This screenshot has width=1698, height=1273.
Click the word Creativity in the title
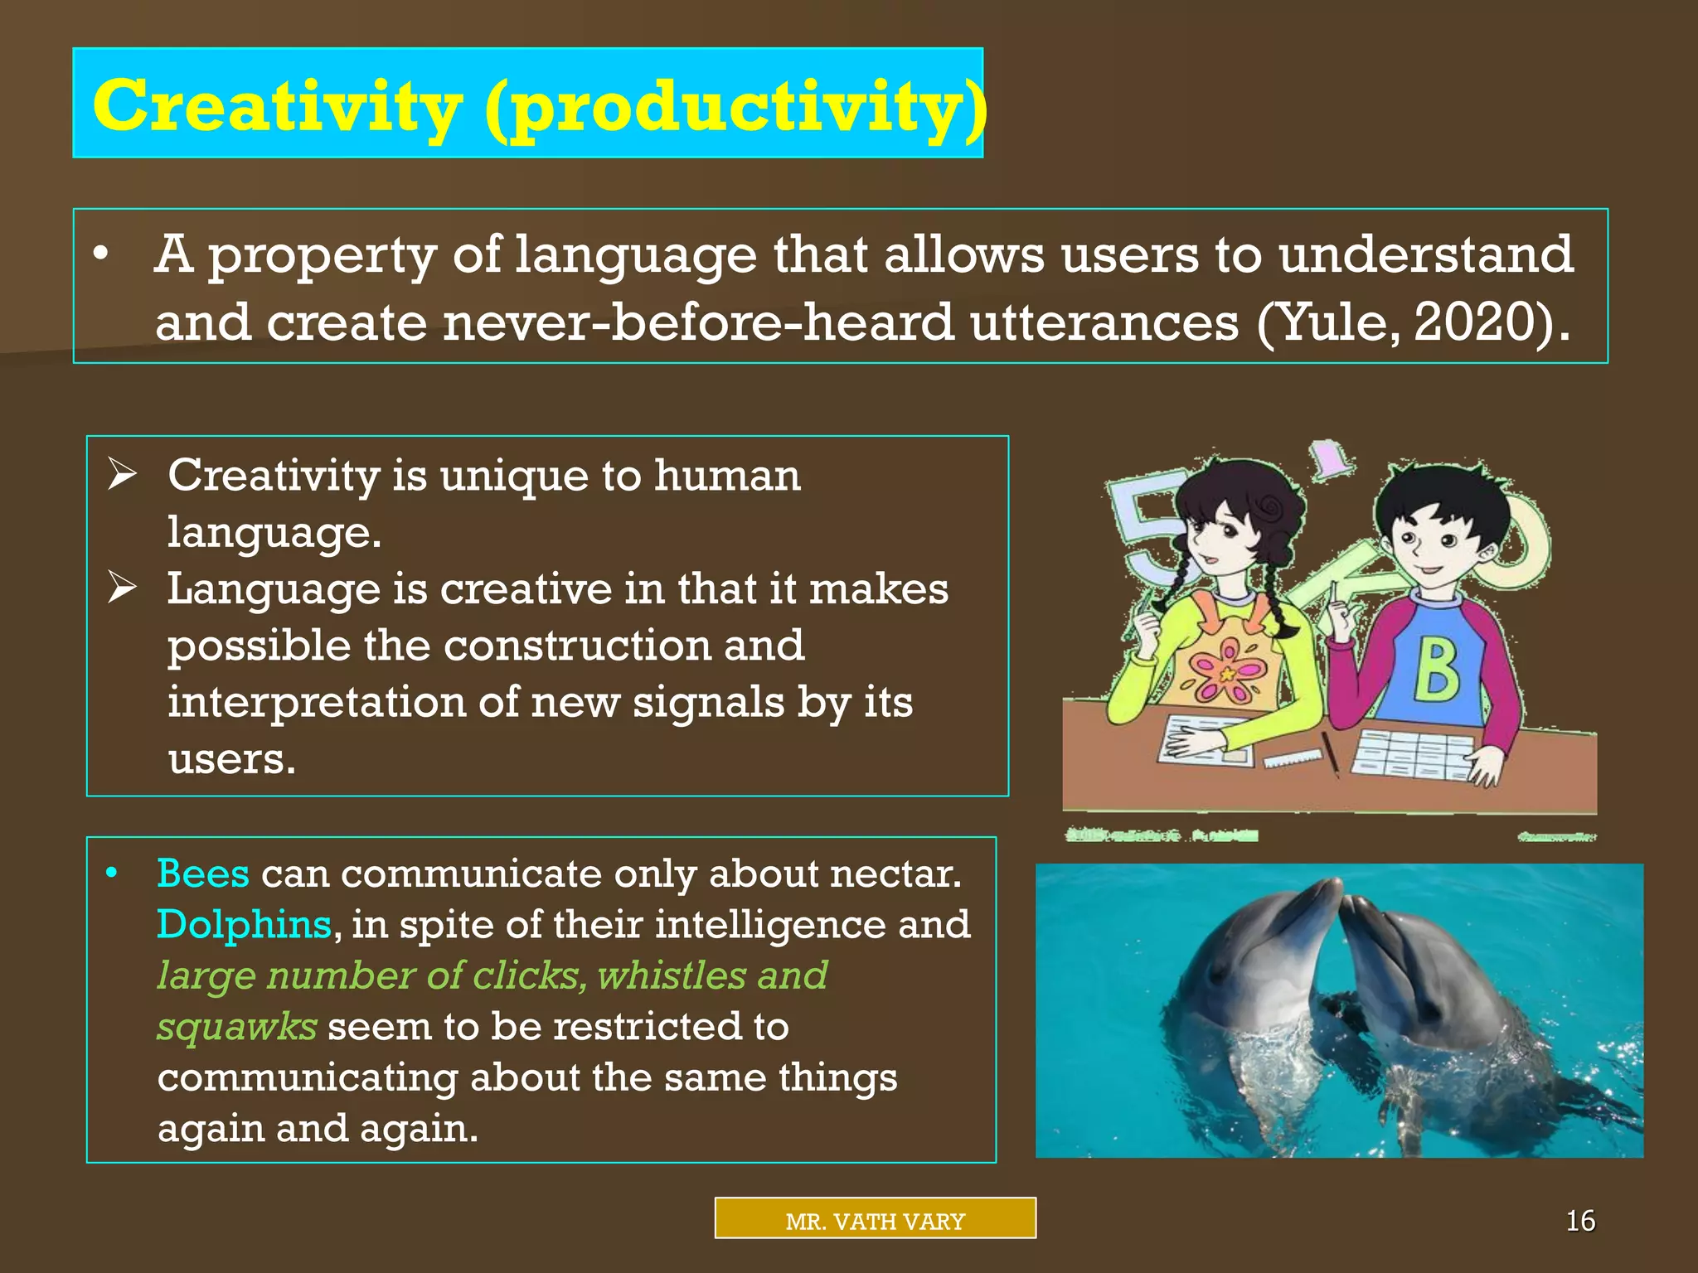point(277,106)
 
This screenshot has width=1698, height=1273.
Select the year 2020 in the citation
point(1477,322)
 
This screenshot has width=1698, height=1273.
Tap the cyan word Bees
point(203,874)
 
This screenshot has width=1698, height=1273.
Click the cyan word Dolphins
point(244,924)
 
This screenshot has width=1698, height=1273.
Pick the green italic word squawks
point(237,1027)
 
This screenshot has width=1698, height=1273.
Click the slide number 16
point(1580,1221)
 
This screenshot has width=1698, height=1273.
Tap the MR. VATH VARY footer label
point(875,1221)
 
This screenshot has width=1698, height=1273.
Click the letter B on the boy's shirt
point(1436,672)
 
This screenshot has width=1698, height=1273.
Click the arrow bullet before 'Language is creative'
point(122,588)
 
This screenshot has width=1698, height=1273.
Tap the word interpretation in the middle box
point(315,703)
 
